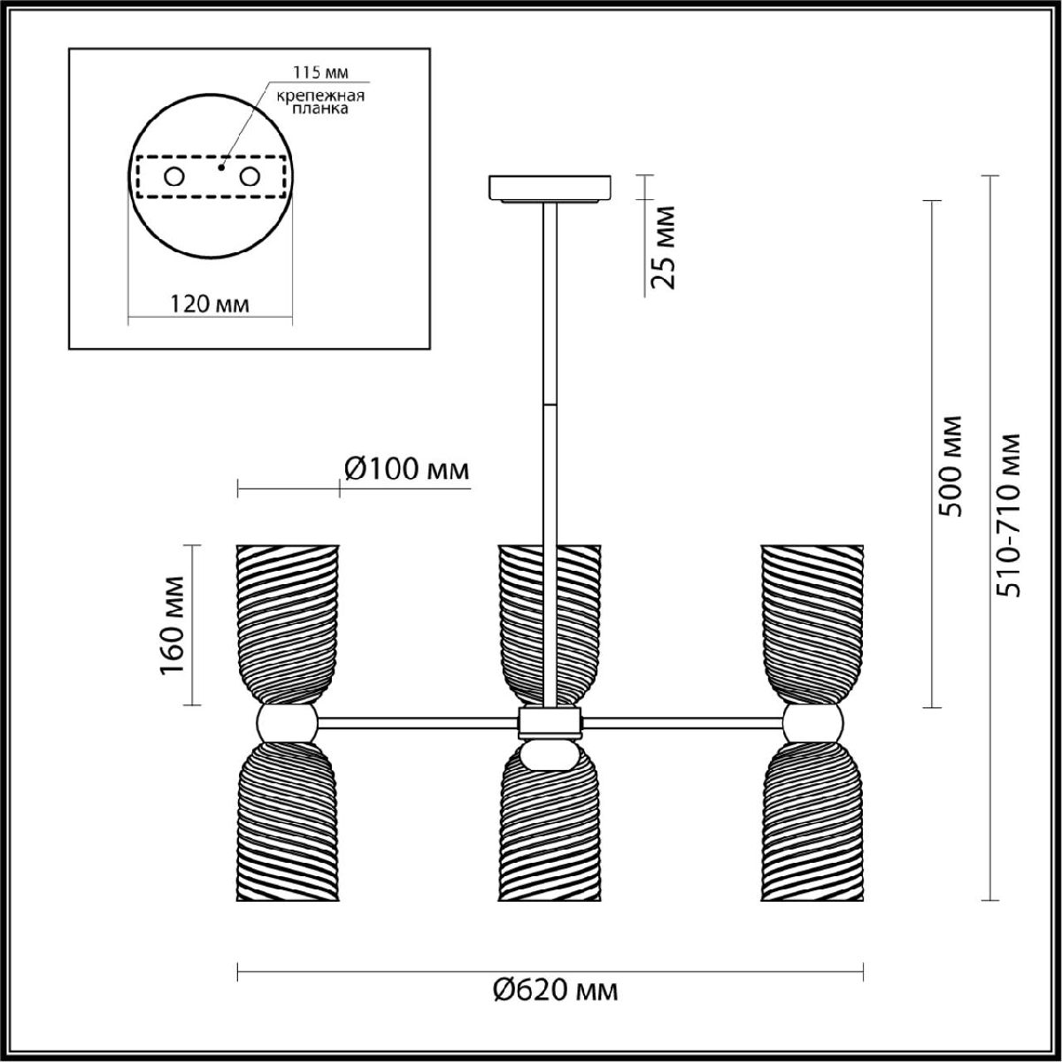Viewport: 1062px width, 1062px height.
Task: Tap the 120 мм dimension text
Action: pos(210,304)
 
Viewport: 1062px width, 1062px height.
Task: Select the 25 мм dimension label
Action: pos(663,248)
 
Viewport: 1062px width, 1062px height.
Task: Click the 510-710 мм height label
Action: pos(1009,516)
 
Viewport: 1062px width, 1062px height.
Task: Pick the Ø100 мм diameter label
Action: pos(407,470)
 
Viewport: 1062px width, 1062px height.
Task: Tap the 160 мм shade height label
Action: pos(173,625)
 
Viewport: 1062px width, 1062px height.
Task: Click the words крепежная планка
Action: pos(320,102)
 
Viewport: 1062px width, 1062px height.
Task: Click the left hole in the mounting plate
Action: pos(174,177)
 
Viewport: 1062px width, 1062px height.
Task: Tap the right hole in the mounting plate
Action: pos(250,177)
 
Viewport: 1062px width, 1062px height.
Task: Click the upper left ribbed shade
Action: pos(287,625)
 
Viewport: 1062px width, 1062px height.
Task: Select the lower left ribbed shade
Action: pos(287,821)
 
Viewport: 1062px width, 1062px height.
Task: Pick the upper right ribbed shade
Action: pos(812,625)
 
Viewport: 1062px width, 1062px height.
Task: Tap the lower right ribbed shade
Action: pos(812,821)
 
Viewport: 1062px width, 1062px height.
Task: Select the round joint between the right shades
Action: pos(812,722)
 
